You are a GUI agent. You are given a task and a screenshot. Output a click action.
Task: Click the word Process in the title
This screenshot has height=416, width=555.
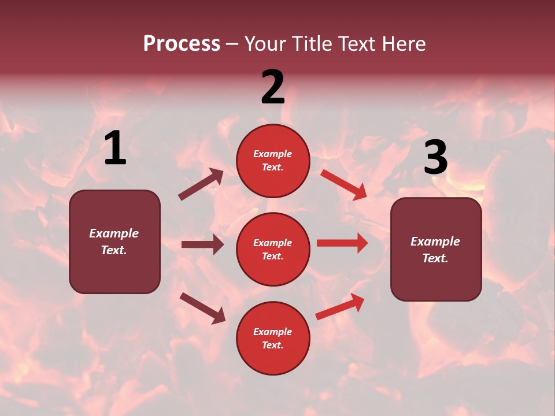point(182,44)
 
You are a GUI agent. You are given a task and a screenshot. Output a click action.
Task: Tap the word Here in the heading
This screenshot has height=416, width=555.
point(402,44)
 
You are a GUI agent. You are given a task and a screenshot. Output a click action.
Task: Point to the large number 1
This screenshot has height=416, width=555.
point(115,148)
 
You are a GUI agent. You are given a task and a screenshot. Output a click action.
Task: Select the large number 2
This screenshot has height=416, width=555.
point(273,87)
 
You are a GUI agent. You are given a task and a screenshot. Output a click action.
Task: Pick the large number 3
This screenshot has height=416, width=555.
point(435,158)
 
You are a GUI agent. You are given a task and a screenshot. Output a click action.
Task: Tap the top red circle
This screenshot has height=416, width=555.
point(273,161)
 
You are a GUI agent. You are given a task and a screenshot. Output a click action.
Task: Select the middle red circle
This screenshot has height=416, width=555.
point(273,249)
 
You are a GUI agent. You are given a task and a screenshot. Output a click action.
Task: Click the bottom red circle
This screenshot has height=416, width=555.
point(273,338)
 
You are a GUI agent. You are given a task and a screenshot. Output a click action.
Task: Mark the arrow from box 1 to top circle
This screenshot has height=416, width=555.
point(201,184)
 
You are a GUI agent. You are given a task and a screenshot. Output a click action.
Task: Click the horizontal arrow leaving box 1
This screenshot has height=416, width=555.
point(202,244)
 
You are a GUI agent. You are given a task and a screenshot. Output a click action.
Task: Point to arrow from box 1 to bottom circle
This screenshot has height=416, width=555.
point(202,308)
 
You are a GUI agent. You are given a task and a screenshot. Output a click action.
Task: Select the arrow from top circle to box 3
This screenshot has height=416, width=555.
point(343,184)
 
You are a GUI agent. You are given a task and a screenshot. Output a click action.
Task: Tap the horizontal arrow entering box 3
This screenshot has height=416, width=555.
point(342,243)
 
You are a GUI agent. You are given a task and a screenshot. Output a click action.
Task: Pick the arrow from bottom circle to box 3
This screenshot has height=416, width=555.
point(340,307)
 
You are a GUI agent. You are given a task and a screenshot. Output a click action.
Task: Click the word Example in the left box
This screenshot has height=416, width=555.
point(114,233)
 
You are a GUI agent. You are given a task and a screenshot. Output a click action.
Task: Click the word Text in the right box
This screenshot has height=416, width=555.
point(434,258)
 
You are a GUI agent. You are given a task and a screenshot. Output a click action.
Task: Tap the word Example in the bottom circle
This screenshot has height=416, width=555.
point(273,332)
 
